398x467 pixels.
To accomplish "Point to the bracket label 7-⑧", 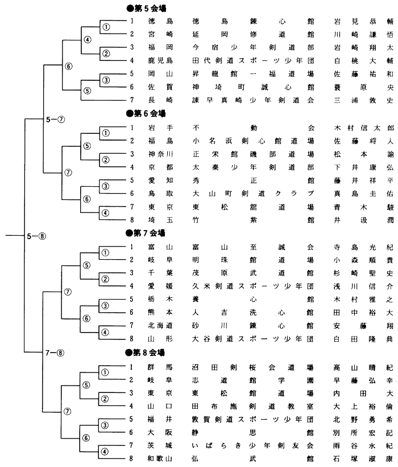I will pos(55,353).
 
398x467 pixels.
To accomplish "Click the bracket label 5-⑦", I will pos(55,120).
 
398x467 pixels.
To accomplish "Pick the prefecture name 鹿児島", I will pos(160,61).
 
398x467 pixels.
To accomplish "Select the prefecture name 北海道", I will pos(160,326).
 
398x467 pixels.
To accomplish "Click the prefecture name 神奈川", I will pos(160,154).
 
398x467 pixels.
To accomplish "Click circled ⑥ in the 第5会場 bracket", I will pos(69,66).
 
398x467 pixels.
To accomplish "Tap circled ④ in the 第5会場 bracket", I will pos(88,40).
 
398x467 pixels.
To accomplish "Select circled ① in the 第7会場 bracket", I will pos(106,253).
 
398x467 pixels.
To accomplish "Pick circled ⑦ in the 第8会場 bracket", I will pos(69,411).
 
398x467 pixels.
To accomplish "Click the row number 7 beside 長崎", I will pos(131,100).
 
